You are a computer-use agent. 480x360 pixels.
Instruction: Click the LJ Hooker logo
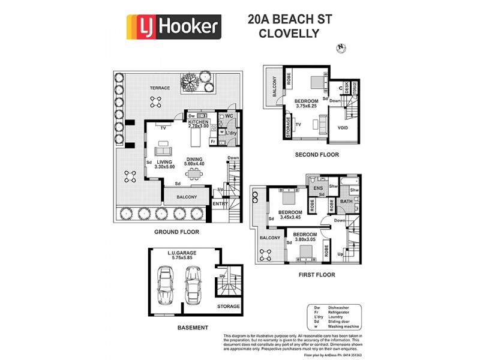tap(173, 27)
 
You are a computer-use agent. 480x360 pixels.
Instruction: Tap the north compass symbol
tap(341, 47)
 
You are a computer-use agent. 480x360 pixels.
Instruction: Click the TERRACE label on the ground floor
tap(160, 88)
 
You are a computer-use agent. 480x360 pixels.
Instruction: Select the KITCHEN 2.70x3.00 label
tap(198, 124)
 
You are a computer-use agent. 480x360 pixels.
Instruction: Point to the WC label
tap(229, 116)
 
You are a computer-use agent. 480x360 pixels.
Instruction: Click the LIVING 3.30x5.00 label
tap(164, 164)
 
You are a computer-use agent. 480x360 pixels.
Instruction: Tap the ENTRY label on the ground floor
tap(220, 204)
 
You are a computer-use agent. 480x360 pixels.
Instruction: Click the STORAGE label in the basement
tap(228, 307)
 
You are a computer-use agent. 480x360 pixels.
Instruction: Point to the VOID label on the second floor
tap(343, 128)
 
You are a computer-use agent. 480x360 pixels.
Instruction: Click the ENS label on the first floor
tap(319, 188)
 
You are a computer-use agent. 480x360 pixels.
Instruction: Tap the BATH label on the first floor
tap(346, 202)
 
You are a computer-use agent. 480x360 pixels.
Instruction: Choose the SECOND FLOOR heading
tap(317, 155)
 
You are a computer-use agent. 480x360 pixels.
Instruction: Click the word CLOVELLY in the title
tap(289, 34)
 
